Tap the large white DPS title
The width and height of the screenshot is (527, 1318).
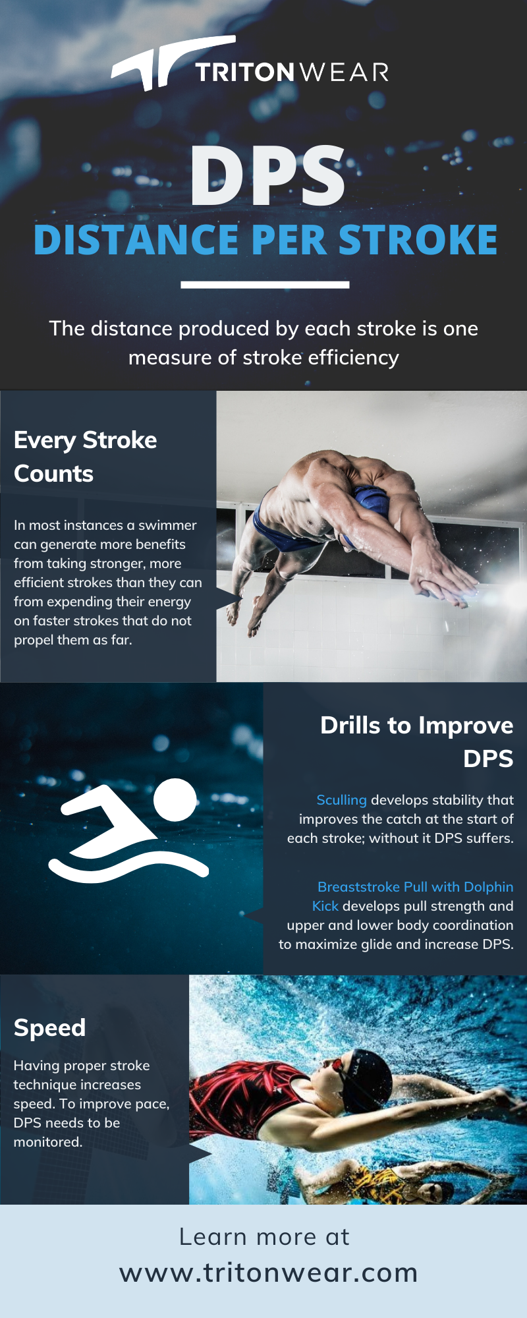coord(267,176)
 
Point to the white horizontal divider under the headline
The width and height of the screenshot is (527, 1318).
coord(265,285)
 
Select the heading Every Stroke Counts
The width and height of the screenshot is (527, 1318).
coord(86,457)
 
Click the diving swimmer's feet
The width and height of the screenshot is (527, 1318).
coord(240,616)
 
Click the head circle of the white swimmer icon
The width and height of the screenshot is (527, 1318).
coord(175,799)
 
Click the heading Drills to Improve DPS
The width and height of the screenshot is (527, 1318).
coord(416,742)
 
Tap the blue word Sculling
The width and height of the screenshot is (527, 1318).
coord(341,800)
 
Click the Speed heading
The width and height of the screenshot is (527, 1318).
coord(50,1027)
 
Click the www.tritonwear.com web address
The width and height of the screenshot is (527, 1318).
coord(269,1273)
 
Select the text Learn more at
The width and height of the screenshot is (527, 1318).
coord(264,1237)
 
